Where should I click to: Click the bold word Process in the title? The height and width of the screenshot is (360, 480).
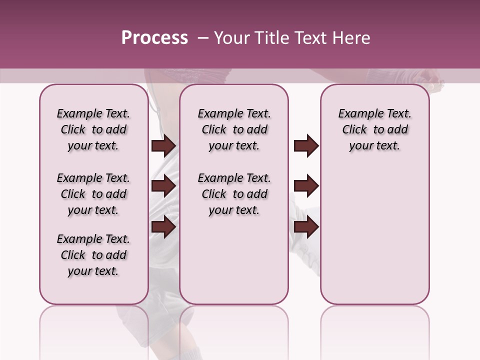pyautogui.click(x=154, y=38)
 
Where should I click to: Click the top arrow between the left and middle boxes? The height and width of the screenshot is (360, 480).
pyautogui.click(x=163, y=146)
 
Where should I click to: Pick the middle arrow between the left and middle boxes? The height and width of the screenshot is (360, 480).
pyautogui.click(x=163, y=186)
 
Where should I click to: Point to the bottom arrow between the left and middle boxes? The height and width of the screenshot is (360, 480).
pyautogui.click(x=163, y=226)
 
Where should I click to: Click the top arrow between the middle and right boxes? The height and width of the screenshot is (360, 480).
pyautogui.click(x=306, y=146)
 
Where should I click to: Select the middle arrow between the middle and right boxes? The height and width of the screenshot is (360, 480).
pyautogui.click(x=306, y=186)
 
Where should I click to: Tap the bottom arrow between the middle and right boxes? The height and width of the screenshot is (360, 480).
pyautogui.click(x=306, y=226)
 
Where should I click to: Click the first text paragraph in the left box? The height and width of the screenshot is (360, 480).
pyautogui.click(x=93, y=129)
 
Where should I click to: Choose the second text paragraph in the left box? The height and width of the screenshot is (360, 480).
pyautogui.click(x=93, y=194)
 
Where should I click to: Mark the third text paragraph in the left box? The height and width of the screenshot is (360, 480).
pyautogui.click(x=93, y=255)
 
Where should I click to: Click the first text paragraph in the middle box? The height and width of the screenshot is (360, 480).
pyautogui.click(x=234, y=129)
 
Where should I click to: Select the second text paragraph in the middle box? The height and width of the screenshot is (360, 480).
pyautogui.click(x=234, y=194)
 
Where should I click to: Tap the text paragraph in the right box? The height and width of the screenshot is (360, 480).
pyautogui.click(x=374, y=129)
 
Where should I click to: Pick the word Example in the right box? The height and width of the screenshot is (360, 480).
pyautogui.click(x=356, y=114)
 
